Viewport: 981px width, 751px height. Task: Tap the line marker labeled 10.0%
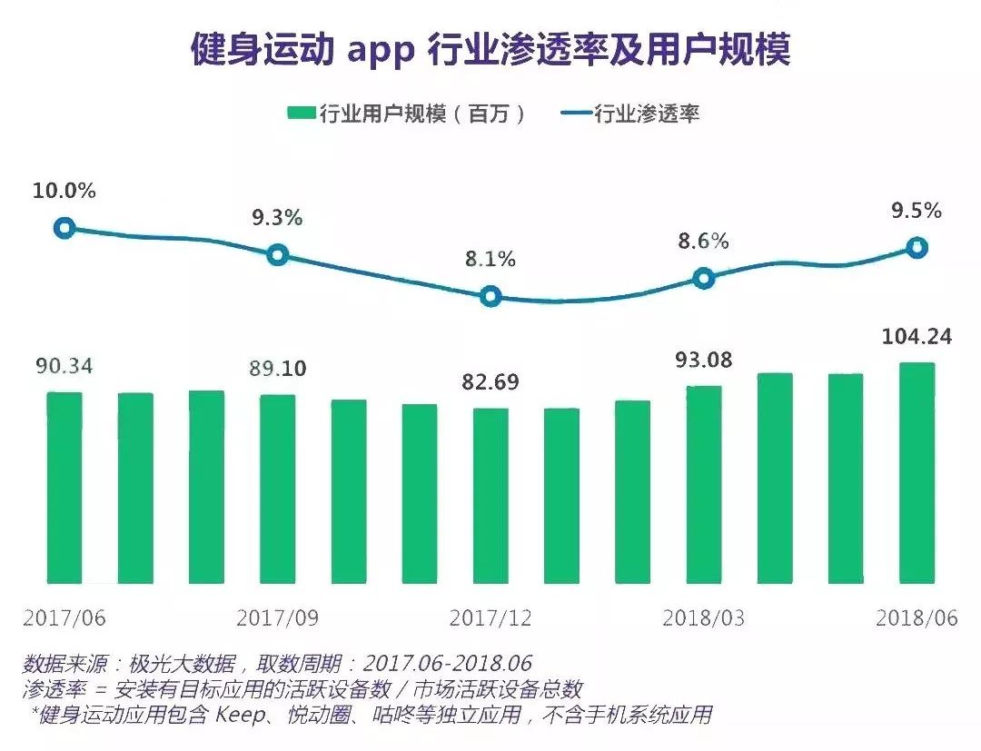coord(64,228)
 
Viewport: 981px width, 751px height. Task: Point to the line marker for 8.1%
coord(490,296)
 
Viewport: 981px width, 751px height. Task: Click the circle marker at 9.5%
coord(917,247)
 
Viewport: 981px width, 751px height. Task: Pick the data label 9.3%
coord(277,218)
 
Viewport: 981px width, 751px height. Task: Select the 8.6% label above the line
coord(703,242)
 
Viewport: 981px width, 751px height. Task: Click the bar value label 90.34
coord(64,367)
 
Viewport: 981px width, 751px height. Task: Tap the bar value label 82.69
coord(490,381)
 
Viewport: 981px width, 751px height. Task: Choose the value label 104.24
coord(917,337)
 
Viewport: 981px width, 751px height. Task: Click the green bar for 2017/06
coord(64,488)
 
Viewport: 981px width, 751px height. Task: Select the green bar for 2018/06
coord(917,472)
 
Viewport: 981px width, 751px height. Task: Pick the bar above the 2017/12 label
coord(490,495)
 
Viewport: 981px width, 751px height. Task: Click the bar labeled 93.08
coord(704,484)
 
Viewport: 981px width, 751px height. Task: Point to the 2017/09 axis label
coord(278,618)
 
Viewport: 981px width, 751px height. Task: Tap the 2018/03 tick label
coord(704,618)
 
